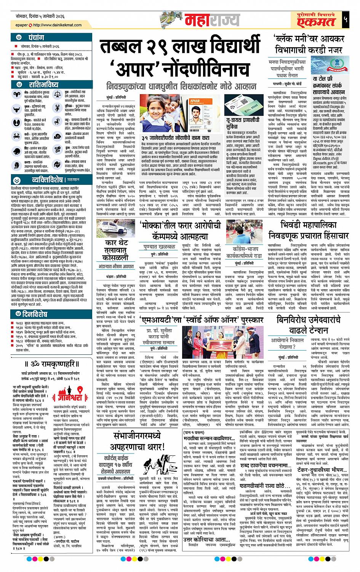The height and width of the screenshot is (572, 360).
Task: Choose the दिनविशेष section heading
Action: [35, 314]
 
